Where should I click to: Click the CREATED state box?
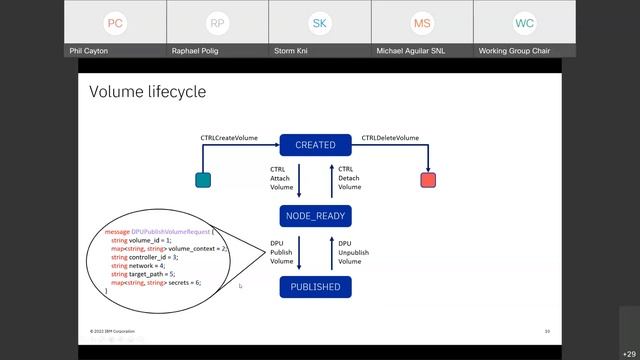click(315, 145)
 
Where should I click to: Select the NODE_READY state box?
click(315, 215)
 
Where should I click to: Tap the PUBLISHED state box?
click(315, 287)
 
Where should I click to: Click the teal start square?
click(203, 180)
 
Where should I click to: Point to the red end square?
click(428, 180)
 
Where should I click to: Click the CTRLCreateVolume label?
click(229, 138)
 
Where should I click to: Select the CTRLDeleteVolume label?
click(390, 138)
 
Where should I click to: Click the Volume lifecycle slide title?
click(147, 92)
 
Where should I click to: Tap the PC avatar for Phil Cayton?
click(115, 23)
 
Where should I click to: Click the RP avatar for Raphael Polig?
click(217, 23)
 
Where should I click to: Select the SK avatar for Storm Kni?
click(319, 23)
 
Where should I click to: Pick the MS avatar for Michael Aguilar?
click(422, 23)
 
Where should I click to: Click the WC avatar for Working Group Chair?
click(524, 23)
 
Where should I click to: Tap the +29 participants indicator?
click(629, 353)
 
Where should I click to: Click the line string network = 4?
click(140, 265)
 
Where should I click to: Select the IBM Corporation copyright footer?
click(112, 331)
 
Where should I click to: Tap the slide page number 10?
click(547, 331)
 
